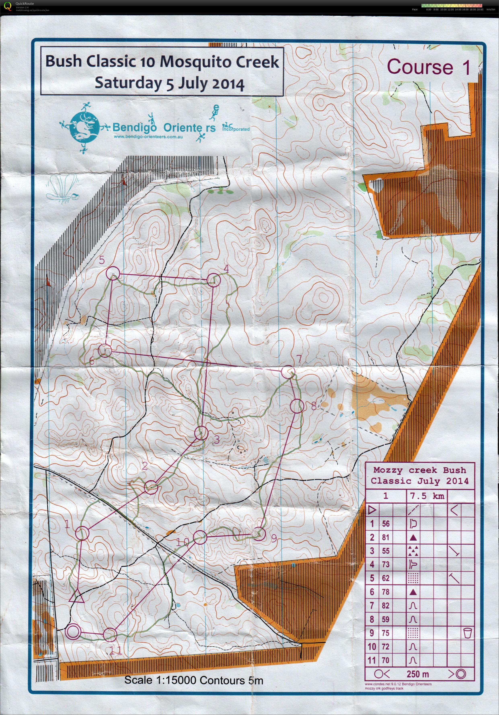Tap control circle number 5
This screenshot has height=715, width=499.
point(113,273)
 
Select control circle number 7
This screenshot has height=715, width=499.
point(288,372)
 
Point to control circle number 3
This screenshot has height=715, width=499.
point(201,433)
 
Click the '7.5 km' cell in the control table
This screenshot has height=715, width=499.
point(427,496)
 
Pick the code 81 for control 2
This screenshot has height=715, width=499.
point(386,537)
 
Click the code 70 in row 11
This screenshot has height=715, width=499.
point(386,660)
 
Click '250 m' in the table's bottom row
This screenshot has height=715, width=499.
point(417,675)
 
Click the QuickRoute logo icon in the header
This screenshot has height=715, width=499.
point(8,6)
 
